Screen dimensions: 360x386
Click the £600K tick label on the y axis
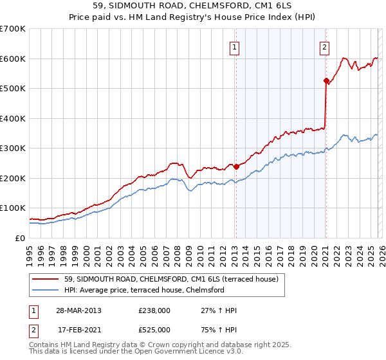[13, 59]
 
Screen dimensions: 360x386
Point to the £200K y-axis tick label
[13, 178]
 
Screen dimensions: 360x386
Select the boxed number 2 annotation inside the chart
[324, 46]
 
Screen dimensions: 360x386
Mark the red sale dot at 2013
[236, 166]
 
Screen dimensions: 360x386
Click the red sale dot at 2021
[326, 80]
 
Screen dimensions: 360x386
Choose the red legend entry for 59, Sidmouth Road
[171, 279]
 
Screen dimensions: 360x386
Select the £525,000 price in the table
[154, 330]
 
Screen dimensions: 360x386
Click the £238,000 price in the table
[154, 310]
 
